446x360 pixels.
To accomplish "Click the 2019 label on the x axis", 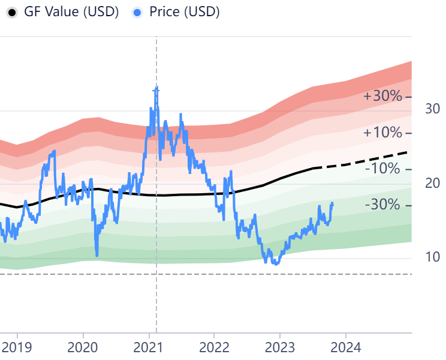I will point(17,347).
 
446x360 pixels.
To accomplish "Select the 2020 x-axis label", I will point(83,347).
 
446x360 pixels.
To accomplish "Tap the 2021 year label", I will point(149,347).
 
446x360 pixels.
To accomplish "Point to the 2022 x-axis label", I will point(214,347).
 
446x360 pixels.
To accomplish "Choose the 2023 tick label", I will point(280,347).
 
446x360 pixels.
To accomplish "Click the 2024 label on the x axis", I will point(345,347).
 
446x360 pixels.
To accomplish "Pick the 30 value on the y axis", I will point(432,109).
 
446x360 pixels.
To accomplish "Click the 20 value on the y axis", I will point(432,183).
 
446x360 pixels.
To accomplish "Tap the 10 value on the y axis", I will point(432,257).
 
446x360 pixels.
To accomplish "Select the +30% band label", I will point(382,96).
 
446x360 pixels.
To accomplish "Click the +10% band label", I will point(382,133).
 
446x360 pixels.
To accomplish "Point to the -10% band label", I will point(382,169).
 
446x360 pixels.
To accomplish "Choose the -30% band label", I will point(382,205).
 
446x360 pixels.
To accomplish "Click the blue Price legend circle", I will point(138,12).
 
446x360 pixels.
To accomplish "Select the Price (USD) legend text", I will point(184,12).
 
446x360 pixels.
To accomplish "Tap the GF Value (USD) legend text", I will point(71,12).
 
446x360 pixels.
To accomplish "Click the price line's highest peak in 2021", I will point(156,89).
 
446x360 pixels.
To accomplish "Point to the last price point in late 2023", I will point(332,203).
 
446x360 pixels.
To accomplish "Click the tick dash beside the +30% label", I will point(408,97).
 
